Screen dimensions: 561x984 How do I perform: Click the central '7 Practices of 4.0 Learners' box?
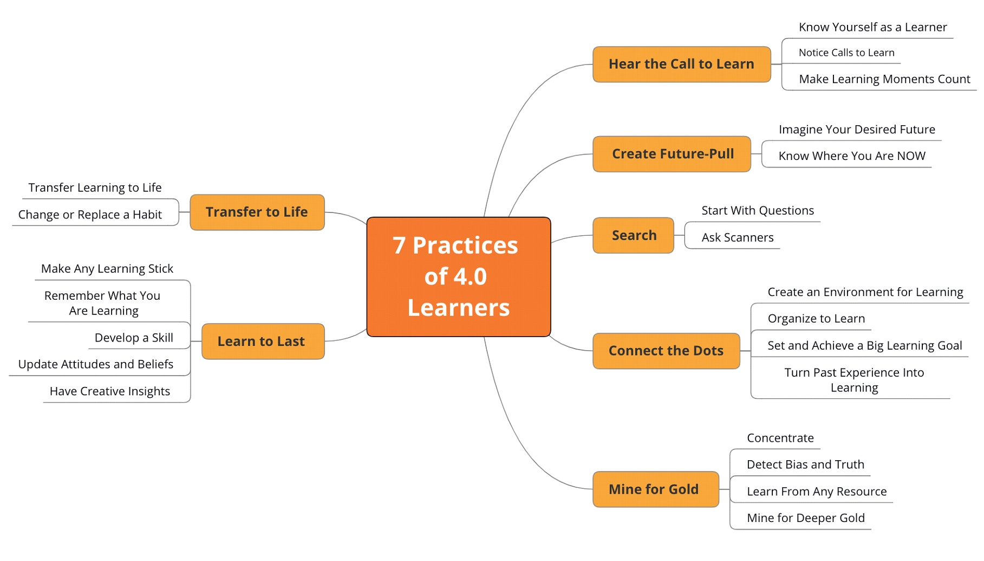point(458,276)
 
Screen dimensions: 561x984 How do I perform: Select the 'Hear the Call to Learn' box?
point(681,64)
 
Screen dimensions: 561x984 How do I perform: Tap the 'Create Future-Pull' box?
point(672,154)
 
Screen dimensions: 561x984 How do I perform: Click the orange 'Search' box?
point(633,235)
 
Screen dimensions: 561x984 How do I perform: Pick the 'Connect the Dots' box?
point(666,351)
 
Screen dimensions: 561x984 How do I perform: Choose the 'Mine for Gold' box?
point(655,489)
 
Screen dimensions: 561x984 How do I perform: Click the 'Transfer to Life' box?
point(257,212)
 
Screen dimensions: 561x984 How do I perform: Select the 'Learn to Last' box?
point(263,341)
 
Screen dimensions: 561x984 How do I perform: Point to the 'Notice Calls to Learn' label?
point(846,53)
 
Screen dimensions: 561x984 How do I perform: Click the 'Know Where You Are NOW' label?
point(851,156)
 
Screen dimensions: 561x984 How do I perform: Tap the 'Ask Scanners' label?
point(737,237)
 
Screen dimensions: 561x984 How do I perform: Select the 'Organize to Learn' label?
point(816,319)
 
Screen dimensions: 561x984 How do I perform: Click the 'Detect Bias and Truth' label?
point(805,465)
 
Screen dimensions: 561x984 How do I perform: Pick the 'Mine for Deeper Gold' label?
point(805,518)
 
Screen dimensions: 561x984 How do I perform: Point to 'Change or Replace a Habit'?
point(90,215)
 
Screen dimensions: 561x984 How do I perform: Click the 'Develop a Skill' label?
point(134,338)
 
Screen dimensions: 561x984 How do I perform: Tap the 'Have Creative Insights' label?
point(110,391)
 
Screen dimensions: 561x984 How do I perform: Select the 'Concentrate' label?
point(780,438)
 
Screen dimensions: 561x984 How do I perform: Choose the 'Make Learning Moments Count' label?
point(884,79)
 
